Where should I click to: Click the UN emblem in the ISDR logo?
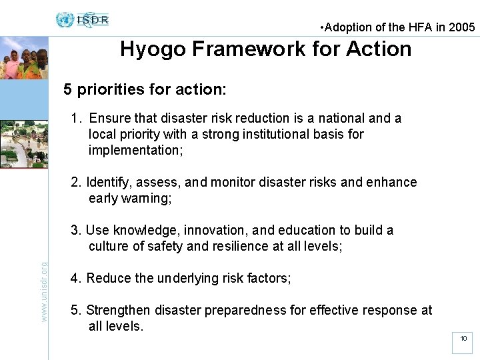coord(65,19)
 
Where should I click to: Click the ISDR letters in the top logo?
coord(93,19)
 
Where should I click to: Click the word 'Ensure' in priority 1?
coord(109,119)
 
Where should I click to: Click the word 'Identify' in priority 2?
coord(109,183)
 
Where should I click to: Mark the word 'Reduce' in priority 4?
coord(109,279)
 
